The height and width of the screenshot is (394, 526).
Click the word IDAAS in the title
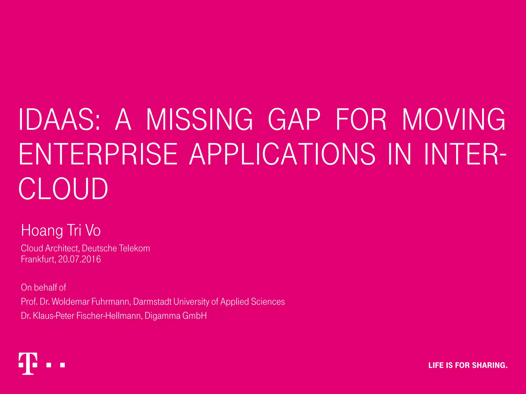point(59,120)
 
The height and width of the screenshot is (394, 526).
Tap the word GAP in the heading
point(294,120)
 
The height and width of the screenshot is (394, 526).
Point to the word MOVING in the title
point(454,120)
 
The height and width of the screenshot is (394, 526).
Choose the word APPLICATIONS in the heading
point(282,154)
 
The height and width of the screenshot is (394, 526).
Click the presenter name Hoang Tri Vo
point(61,230)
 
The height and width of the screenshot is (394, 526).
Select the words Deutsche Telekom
point(116,248)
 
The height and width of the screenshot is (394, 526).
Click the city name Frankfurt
point(38,259)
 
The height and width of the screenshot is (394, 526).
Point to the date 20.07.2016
point(80,259)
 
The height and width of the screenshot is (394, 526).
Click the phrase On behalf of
point(43,288)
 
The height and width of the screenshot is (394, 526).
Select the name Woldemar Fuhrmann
point(91,302)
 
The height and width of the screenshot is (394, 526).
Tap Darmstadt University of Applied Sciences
point(209,302)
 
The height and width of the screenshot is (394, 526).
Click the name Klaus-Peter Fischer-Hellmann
point(87,316)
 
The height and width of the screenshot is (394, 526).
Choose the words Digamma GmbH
point(176,316)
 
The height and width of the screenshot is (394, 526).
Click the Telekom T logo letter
point(28,363)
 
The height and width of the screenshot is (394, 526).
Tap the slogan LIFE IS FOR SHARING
point(468,365)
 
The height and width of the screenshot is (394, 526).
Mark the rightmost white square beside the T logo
point(62,365)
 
